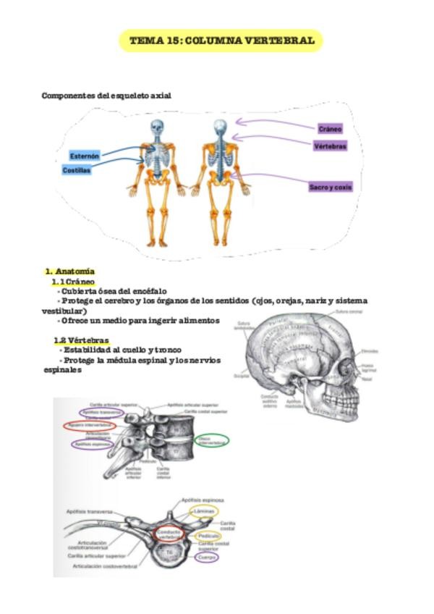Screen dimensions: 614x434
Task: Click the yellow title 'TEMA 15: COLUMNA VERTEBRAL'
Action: (221, 41)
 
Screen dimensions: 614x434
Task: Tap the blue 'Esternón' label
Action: (85, 156)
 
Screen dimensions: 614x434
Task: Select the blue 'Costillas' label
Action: (77, 170)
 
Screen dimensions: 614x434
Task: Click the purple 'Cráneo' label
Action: (330, 129)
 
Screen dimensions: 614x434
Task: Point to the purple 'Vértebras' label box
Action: (330, 146)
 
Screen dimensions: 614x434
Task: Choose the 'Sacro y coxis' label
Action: (331, 187)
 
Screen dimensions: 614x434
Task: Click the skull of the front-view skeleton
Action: (157, 128)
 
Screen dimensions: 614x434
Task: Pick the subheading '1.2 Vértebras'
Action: (81, 340)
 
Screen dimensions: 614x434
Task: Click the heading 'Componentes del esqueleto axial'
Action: (106, 95)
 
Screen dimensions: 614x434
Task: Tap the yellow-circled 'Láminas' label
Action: (204, 510)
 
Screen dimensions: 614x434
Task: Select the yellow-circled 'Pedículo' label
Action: (208, 537)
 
